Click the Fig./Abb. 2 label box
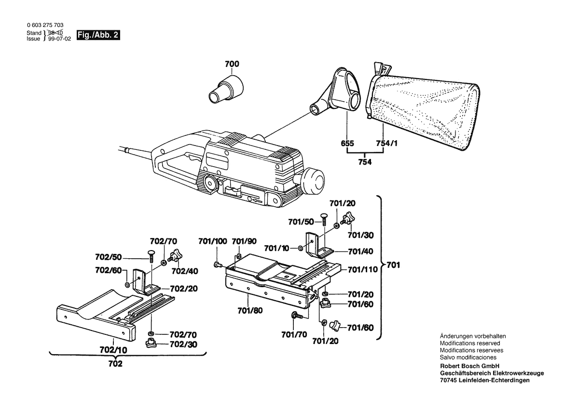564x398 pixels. (97, 36)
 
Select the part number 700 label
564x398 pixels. (232, 64)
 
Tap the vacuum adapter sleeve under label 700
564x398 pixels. (226, 87)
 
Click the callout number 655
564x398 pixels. (347, 144)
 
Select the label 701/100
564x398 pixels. (213, 241)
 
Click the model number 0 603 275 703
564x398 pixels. (45, 25)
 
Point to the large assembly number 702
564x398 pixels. (115, 364)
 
